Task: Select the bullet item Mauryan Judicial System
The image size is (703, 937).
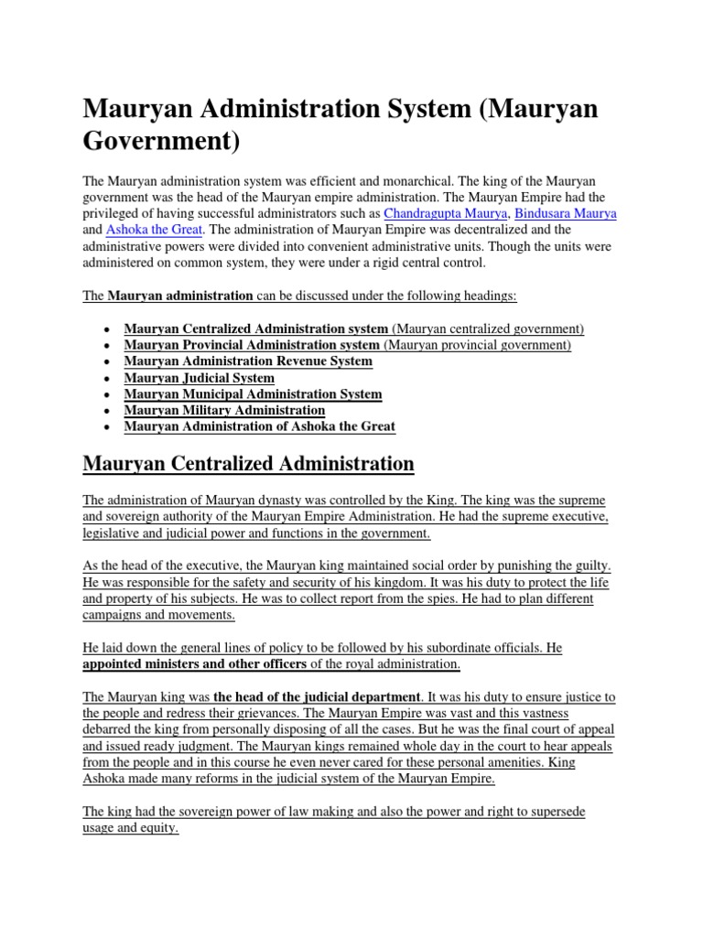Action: pos(199,377)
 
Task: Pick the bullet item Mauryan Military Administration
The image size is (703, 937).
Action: pos(224,410)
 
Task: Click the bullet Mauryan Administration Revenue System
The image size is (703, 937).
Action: pos(248,361)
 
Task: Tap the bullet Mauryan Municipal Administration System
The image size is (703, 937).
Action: pos(253,393)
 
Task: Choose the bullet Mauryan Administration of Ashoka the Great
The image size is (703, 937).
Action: pos(259,426)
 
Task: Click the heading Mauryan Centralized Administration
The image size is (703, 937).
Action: pos(248,465)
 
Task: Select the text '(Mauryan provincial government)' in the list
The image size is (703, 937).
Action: pos(477,344)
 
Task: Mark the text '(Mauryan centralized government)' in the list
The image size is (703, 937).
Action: pos(488,328)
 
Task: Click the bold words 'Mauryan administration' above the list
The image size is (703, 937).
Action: pos(180,296)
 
